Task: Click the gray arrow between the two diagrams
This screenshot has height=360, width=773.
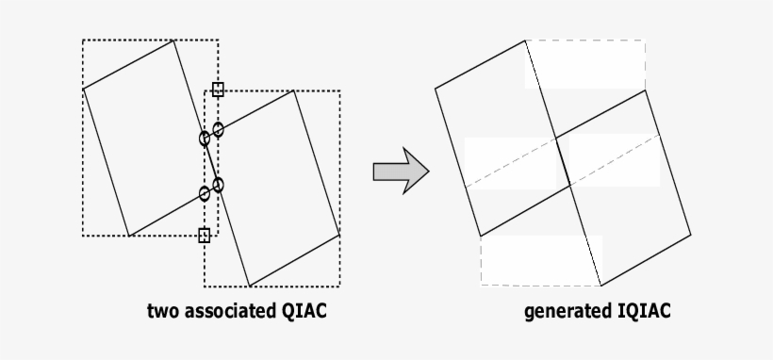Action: tap(400, 171)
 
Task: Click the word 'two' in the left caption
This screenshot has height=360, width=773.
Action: tap(162, 310)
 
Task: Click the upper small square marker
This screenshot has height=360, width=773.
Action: tap(218, 90)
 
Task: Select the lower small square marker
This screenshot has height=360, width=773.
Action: tap(205, 235)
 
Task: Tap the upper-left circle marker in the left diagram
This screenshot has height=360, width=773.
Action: tap(205, 139)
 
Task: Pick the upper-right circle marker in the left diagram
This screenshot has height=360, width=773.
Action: tap(219, 129)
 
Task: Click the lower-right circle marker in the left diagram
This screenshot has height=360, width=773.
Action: tap(218, 185)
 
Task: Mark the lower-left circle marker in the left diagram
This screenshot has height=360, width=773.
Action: tap(205, 194)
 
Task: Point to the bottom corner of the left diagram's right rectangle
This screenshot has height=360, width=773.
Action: tap(250, 286)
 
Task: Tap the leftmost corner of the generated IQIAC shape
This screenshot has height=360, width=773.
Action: tap(435, 90)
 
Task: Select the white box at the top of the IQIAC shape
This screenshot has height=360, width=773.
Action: tap(584, 65)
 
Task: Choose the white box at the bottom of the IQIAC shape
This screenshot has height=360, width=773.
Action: tap(541, 260)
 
